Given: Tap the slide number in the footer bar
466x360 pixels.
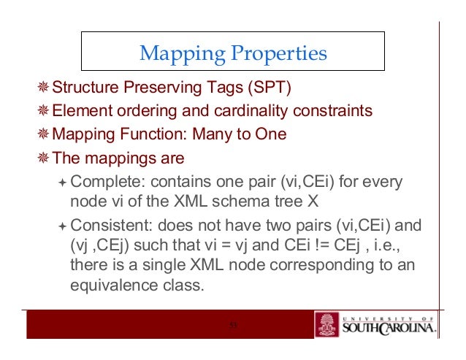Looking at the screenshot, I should tap(234, 326).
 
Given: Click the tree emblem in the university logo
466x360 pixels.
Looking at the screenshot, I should tap(326, 325).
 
